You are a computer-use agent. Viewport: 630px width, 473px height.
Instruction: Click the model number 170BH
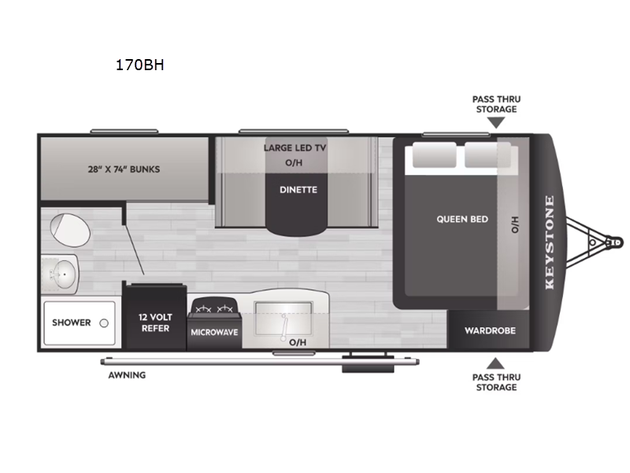(x=140, y=65)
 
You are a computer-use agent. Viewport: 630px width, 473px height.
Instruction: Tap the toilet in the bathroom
(x=70, y=230)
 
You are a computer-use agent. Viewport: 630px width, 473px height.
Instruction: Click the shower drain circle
(x=104, y=323)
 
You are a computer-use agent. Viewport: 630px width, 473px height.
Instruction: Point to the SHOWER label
(x=72, y=322)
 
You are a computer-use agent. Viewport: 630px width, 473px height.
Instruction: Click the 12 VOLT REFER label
(x=155, y=322)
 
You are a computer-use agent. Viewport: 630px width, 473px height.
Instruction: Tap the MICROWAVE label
(x=214, y=332)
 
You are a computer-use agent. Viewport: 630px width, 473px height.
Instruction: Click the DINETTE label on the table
(x=298, y=190)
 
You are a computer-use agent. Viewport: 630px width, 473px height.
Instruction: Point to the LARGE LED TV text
(x=295, y=148)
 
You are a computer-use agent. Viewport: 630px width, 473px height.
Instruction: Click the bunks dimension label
(x=124, y=169)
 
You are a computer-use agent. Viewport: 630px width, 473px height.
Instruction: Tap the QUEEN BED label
(x=462, y=219)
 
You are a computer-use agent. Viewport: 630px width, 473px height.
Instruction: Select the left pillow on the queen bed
(x=435, y=155)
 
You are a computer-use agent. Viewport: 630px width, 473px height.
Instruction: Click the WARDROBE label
(x=490, y=330)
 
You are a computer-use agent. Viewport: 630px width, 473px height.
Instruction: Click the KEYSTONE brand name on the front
(x=550, y=243)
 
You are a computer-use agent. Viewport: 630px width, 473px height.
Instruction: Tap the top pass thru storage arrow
(x=496, y=123)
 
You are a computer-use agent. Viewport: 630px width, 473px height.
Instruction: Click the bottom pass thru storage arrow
(x=495, y=363)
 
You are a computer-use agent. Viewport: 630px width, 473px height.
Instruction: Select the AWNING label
(x=127, y=375)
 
